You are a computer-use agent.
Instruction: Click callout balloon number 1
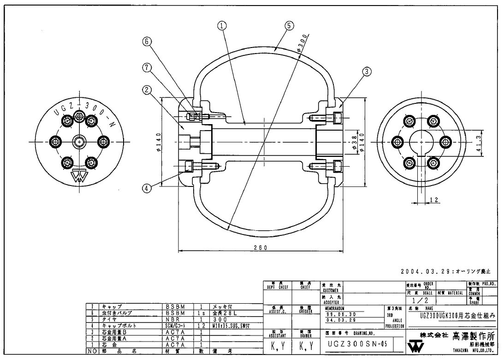click(x=222, y=26)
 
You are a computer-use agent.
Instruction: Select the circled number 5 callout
click(x=288, y=26)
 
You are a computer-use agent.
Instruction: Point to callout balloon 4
click(x=146, y=187)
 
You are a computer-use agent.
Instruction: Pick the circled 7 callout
click(x=146, y=67)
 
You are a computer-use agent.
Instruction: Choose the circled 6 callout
click(x=146, y=41)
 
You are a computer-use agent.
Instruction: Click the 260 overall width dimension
click(x=261, y=248)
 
